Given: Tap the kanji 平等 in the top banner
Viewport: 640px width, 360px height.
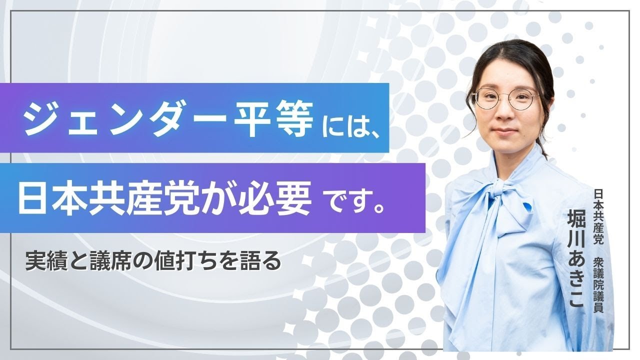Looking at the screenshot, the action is pos(273,119).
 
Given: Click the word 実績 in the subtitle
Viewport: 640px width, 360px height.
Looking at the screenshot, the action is pos(46,261).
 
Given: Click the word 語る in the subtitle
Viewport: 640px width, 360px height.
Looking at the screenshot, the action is pos(259,261).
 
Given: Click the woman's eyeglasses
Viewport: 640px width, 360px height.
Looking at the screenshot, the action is pos(505,98).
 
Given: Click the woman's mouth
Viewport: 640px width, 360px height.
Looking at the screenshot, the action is pos(504,131).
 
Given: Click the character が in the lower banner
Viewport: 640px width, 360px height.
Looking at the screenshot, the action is pos(214,197).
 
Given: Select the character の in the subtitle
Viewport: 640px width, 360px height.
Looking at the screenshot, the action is pos(144,261).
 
